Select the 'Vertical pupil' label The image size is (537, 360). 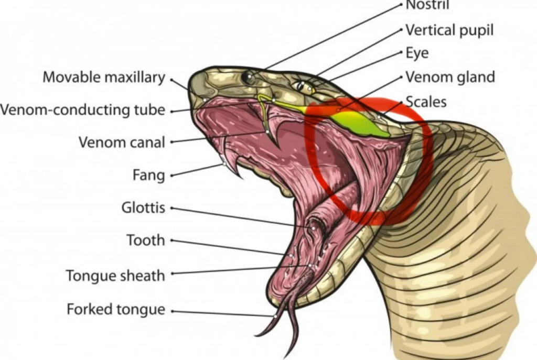coord(450,30)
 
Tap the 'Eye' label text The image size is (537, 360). coord(417,53)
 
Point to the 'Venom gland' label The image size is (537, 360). coord(450,77)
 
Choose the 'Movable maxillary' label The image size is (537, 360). coord(104,78)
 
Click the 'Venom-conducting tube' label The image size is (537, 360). coord(83,110)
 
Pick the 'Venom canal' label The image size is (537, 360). coord(122,142)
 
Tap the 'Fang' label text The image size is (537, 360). coord(148,174)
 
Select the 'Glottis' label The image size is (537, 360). coord(143,208)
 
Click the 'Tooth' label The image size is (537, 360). coord(145,241)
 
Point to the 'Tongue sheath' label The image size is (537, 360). coord(115,275)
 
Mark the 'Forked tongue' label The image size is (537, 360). coord(115,310)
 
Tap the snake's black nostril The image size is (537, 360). coord(247,78)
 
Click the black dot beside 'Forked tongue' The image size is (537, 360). coord(172,311)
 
